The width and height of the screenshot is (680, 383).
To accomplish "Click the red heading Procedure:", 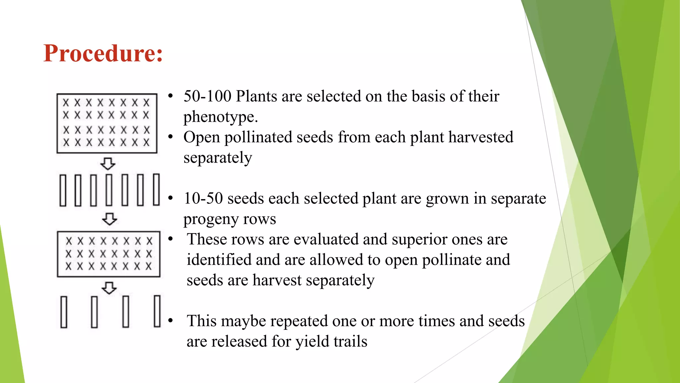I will point(103,53).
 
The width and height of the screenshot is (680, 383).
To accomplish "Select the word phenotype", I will point(220,117).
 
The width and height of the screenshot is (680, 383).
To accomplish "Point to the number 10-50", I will point(203,198).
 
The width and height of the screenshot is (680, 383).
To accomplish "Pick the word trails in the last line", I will point(350,342).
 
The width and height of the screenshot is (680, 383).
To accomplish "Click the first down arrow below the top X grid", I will point(108,164).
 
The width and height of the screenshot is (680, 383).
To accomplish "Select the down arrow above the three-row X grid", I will point(109,219).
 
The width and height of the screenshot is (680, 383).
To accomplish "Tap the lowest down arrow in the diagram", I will point(109,288).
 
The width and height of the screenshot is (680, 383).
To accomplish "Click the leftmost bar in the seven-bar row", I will point(63,190).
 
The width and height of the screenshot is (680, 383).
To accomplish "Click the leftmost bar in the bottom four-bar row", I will point(64,312).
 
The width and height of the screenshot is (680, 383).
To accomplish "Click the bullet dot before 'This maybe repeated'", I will point(171,321).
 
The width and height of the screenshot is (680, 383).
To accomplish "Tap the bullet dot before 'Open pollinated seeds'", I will point(171,137).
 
